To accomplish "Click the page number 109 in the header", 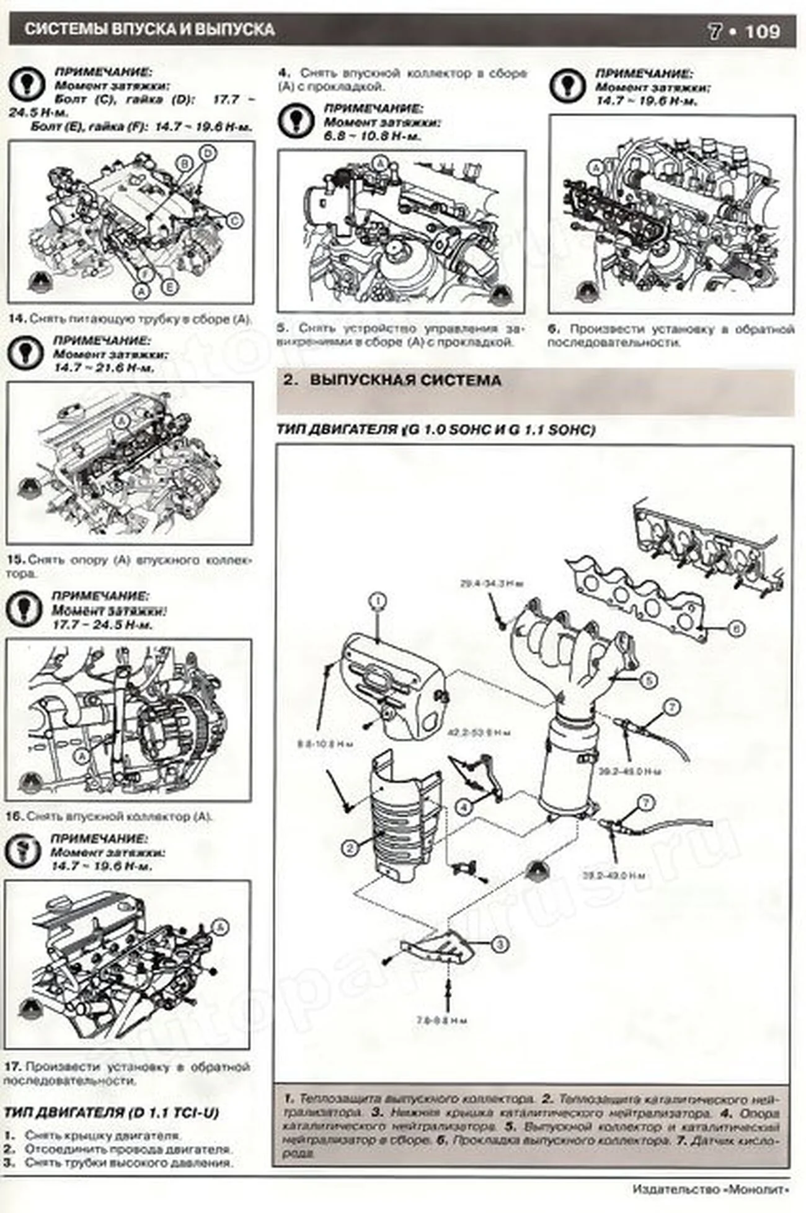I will tap(762, 31).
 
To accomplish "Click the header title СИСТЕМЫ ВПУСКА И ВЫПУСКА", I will tap(149, 29).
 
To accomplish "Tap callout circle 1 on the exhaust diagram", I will tap(378, 601).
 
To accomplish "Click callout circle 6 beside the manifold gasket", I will tap(735, 629).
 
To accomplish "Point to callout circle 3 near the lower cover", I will tap(500, 945).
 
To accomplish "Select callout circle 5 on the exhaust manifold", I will tap(648, 681).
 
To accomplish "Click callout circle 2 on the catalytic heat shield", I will tap(350, 847).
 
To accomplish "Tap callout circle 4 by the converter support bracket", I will tap(464, 807).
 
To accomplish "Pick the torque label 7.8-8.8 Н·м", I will tap(442, 1020).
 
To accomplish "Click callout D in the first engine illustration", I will tap(208, 152).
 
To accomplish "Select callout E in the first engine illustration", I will tap(169, 286).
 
